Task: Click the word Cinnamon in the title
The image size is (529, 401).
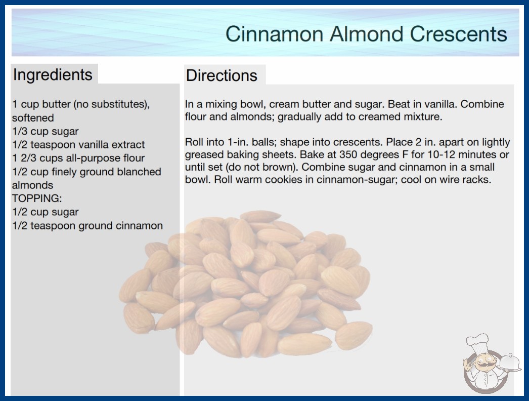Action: pos(274,34)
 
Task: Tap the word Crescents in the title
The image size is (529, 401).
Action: pos(459,34)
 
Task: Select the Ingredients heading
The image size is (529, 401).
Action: pos(53,75)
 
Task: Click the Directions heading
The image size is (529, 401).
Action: pos(222,75)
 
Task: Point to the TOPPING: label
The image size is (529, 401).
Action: pos(37,198)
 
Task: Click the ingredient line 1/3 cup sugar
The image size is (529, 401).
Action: pos(45,132)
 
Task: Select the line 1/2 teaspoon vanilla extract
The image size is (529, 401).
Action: pos(78,145)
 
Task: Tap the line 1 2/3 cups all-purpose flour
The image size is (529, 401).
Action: pos(78,158)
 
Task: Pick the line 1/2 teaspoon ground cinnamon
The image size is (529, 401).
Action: pos(87,225)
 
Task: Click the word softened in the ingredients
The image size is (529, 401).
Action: pos(33,117)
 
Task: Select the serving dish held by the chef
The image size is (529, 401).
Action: pos(509,364)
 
